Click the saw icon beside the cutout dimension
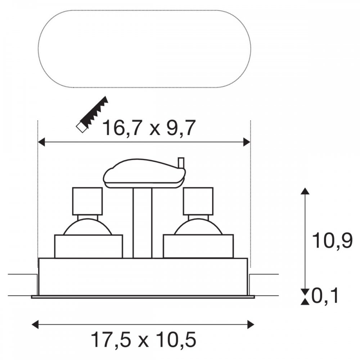(92, 114)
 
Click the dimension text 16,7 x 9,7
(150, 128)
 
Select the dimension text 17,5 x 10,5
(144, 339)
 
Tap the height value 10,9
(332, 240)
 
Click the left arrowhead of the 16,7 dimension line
(41, 142)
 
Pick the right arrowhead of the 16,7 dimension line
(247, 142)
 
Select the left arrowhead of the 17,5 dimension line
(35, 325)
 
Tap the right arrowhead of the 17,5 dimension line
(251, 325)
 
